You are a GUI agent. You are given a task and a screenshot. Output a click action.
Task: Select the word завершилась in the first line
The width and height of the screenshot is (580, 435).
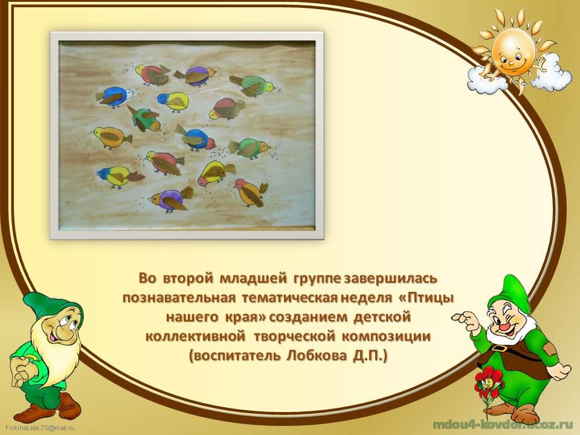click(x=391, y=278)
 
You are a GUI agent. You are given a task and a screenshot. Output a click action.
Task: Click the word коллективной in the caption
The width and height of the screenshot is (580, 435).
click(x=196, y=337)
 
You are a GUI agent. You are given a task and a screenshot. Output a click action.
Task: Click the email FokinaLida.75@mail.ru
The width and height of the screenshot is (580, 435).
click(x=40, y=428)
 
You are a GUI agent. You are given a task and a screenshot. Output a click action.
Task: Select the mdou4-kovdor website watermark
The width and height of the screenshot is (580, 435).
click(x=497, y=425)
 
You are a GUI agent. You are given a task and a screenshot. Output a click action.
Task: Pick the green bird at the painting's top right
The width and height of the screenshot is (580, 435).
click(x=253, y=85)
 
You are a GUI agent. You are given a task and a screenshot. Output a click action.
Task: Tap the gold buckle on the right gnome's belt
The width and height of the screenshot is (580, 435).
click(x=500, y=349)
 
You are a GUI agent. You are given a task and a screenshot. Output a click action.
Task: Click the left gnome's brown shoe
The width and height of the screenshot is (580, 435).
click(x=68, y=404)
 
